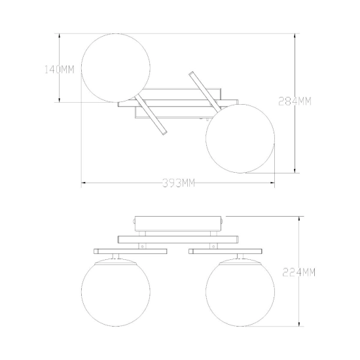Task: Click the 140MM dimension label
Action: click(x=59, y=69)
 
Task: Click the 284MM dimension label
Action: click(x=295, y=101)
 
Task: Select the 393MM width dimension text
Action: click(x=179, y=183)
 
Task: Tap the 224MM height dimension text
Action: click(x=298, y=272)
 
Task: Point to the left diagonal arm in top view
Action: click(x=151, y=115)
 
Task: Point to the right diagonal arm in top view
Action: click(x=204, y=92)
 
